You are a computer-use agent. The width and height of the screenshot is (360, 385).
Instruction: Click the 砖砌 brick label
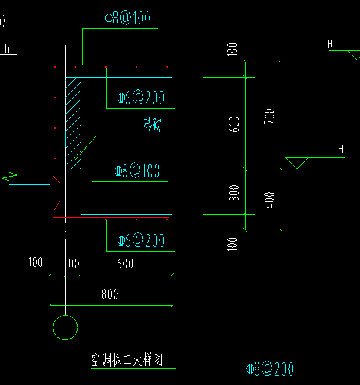[x=153, y=125]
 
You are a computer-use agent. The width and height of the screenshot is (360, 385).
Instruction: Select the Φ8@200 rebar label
[x=270, y=370]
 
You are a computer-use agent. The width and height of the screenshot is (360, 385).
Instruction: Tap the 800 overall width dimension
[x=110, y=294]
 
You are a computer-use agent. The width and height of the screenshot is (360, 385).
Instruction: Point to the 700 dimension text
[x=270, y=118]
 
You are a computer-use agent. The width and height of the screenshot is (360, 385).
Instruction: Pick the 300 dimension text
[x=234, y=193]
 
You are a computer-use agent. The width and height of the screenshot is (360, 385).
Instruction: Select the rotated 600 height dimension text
[x=234, y=124]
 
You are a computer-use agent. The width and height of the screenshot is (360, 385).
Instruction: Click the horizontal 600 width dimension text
[x=125, y=264]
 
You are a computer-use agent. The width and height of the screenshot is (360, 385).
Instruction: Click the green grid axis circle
[x=65, y=328]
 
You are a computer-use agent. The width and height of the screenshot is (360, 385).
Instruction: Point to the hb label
[x=5, y=49]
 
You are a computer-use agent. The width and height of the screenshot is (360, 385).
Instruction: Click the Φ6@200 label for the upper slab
[x=141, y=98]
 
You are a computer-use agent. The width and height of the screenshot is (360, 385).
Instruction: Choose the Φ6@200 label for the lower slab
[x=141, y=241]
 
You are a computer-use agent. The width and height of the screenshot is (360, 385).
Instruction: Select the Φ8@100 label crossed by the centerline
[x=137, y=172]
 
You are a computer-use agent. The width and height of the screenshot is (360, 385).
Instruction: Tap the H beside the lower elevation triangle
[x=340, y=149]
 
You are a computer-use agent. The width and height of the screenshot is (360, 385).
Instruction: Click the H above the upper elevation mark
[x=330, y=44]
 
